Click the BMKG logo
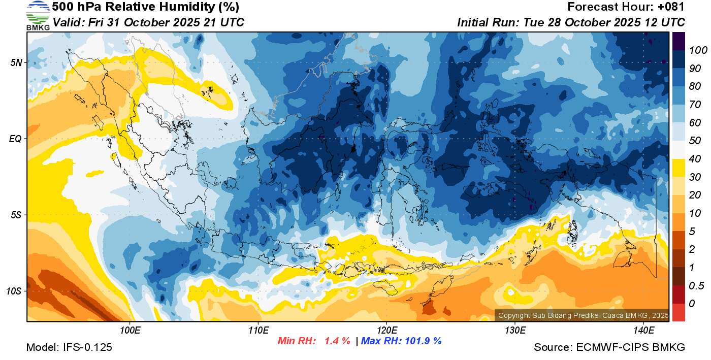(x=38, y=16)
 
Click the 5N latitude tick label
(x=15, y=62)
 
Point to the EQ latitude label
(x=15, y=139)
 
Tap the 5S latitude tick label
(x=15, y=215)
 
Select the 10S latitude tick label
(x=14, y=291)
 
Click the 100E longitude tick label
(x=130, y=331)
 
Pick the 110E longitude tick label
(x=258, y=331)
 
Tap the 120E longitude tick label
(x=386, y=331)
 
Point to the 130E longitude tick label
(x=515, y=331)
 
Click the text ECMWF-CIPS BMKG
(x=630, y=347)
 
